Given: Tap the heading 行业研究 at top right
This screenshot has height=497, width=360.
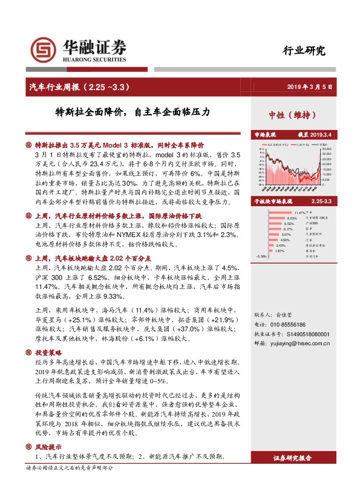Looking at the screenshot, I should (304, 51).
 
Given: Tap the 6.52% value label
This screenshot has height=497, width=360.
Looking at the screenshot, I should (288, 224).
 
